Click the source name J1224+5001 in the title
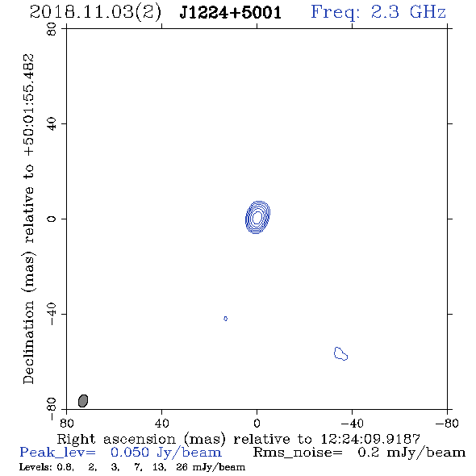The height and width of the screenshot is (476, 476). point(231,12)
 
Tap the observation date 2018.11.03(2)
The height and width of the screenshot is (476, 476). point(95,13)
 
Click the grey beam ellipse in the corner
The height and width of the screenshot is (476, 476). point(83,401)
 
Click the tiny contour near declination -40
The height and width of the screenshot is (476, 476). point(225,319)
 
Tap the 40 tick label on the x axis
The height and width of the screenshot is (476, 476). point(161,424)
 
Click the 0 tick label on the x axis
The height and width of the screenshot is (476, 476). point(257,424)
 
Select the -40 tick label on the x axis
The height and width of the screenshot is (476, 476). point(352,424)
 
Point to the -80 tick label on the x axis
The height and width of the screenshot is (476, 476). point(447,424)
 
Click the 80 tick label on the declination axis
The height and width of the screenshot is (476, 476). point(52,29)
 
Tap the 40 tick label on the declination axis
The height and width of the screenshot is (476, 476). point(52,124)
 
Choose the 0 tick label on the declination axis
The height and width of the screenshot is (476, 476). point(52,219)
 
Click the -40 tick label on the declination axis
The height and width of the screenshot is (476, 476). point(52,314)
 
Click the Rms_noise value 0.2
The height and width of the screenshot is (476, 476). point(368,453)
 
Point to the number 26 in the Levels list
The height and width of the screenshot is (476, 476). point(182,467)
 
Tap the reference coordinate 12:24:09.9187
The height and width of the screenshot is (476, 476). point(370,439)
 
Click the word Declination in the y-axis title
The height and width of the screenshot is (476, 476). point(28,342)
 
